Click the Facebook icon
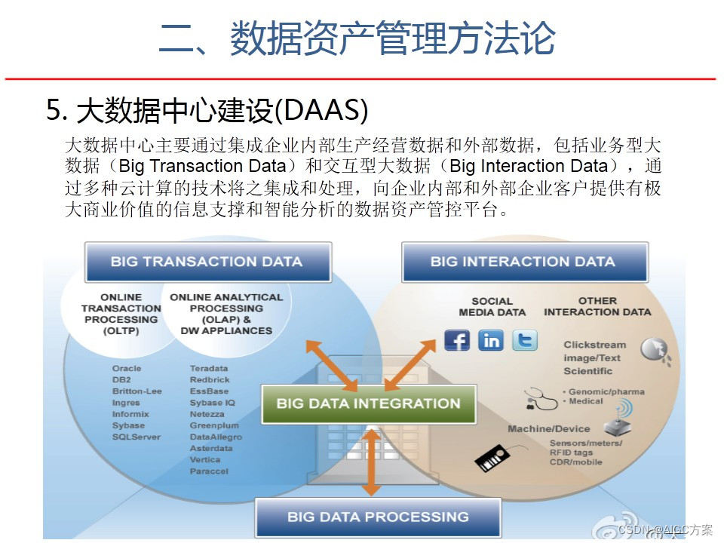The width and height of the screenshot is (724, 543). (457, 340)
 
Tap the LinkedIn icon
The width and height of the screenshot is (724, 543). (491, 340)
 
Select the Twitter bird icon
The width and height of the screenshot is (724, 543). (525, 340)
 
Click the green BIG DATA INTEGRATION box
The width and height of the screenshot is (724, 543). (368, 403)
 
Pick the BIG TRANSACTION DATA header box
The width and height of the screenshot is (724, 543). (207, 262)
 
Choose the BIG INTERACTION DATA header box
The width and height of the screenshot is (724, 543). (523, 262)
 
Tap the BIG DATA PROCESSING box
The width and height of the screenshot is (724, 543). (378, 517)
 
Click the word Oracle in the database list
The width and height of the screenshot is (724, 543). (127, 368)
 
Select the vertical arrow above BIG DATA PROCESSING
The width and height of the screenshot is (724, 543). (371, 461)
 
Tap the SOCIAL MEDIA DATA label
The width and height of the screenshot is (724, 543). (492, 306)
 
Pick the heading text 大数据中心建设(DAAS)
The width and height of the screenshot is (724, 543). (207, 110)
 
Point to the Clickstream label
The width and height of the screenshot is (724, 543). (594, 345)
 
